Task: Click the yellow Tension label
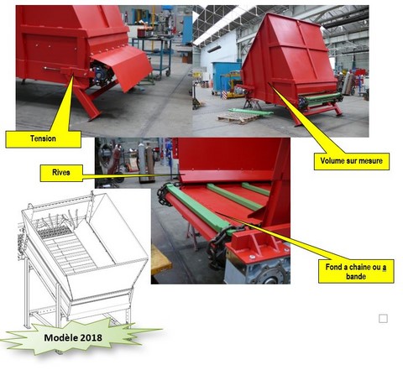44,139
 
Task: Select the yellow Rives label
61,173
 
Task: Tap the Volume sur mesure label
352,161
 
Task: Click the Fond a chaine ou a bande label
356,271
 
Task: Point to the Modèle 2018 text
73,337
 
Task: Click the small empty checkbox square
383,319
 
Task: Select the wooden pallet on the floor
238,117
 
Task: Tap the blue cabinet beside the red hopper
225,76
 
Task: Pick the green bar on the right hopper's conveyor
322,99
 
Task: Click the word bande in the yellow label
356,277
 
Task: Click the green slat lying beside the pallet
250,112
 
